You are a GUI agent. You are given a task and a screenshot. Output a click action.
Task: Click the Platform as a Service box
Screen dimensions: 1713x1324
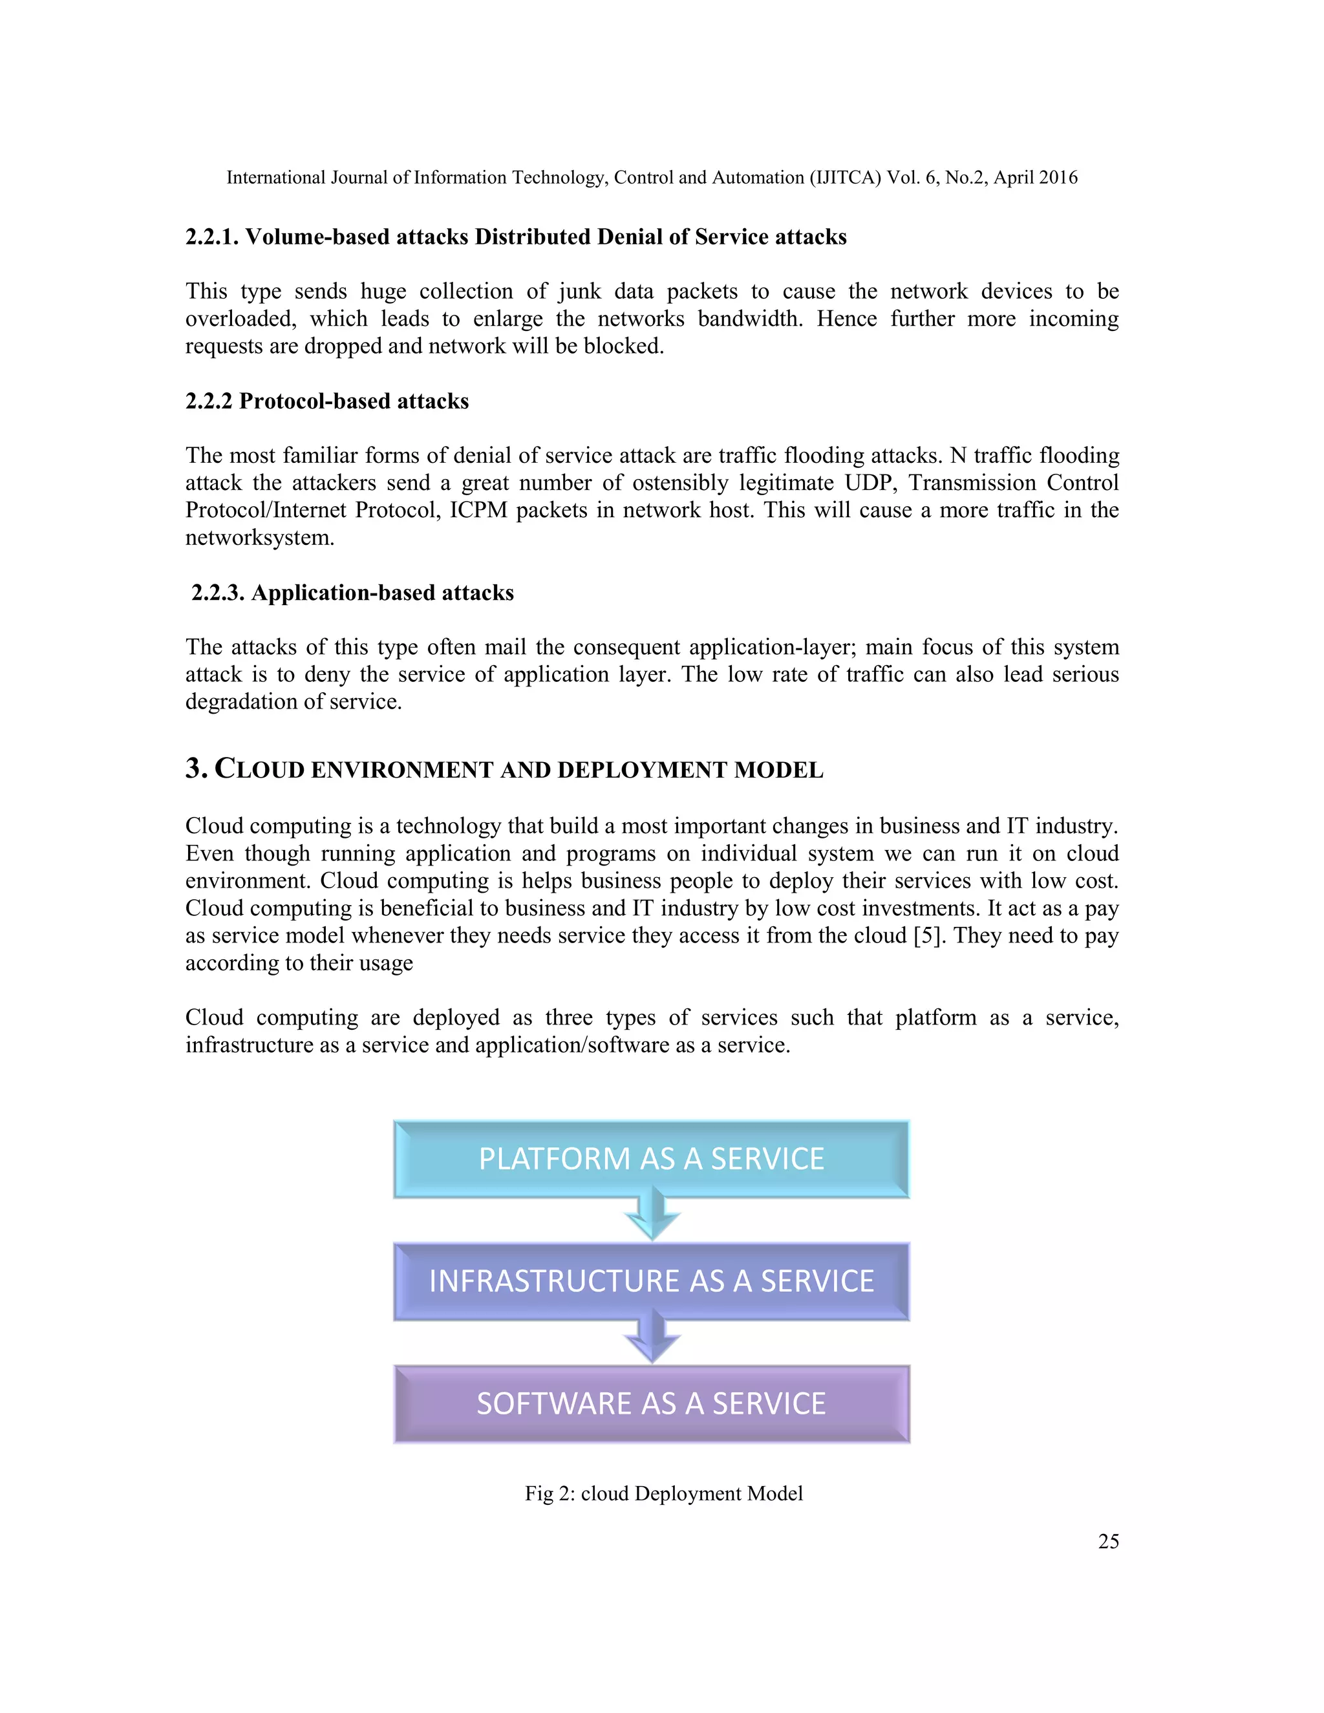pos(651,1158)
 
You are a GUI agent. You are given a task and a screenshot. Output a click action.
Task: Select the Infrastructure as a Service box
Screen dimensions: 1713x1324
pos(651,1281)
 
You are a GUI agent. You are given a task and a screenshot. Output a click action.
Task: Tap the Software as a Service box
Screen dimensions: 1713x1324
pos(651,1403)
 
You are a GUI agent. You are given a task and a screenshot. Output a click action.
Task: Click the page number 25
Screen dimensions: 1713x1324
pos(1108,1541)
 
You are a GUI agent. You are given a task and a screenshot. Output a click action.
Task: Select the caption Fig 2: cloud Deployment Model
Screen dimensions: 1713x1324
pos(663,1493)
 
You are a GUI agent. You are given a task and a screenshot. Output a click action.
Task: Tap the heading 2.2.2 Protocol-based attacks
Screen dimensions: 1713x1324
pos(327,401)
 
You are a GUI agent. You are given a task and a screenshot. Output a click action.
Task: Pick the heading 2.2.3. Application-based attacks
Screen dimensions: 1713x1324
pos(352,592)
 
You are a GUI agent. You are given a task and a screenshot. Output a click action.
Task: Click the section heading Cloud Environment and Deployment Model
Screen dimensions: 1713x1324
pos(504,769)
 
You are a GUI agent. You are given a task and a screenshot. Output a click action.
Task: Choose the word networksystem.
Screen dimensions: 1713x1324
pos(260,537)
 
